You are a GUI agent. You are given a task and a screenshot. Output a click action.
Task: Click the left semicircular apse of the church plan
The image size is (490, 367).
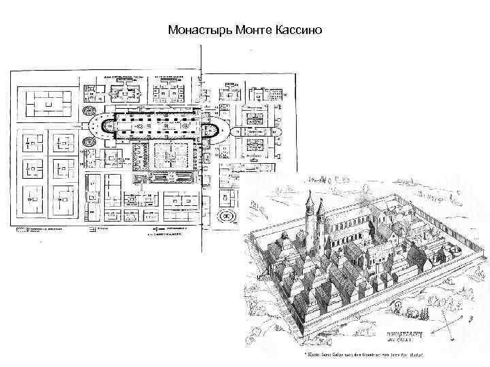pyautogui.click(x=98, y=125)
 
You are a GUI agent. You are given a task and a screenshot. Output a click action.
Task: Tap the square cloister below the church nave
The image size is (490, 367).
pyautogui.click(x=166, y=156)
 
